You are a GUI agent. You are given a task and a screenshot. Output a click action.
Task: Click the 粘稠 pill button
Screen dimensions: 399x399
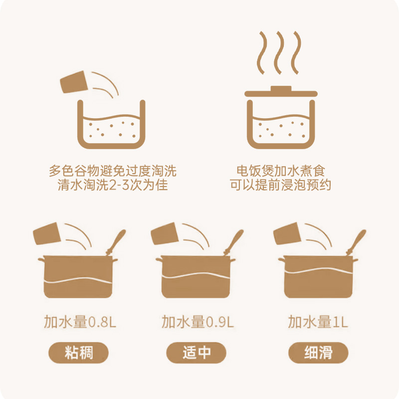[x=79, y=353]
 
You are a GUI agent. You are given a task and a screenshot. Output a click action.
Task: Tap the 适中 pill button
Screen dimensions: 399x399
[x=196, y=353]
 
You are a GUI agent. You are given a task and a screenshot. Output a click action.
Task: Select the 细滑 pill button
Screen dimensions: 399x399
[x=318, y=353]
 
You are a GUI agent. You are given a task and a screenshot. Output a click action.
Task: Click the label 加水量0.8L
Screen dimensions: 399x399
[x=80, y=322]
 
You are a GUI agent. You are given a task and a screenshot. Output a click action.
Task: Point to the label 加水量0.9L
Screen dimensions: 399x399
[x=198, y=322]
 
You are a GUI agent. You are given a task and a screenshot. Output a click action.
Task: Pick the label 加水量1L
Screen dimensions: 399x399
[x=318, y=322]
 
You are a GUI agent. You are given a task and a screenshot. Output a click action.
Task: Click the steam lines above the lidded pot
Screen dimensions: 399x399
[x=279, y=53]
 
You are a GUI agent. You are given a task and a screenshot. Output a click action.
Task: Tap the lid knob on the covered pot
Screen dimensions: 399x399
[x=281, y=89]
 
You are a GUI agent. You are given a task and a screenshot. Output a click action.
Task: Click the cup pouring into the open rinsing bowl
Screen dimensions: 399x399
[x=74, y=82]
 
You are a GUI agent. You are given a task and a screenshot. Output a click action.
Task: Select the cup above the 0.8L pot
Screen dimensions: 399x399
[x=47, y=233]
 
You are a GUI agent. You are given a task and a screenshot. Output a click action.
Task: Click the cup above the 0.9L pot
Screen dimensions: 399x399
[x=165, y=233]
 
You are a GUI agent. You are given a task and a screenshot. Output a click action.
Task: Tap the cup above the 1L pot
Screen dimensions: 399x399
[x=287, y=233]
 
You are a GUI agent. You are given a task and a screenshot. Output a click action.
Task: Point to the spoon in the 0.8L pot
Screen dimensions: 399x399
[x=116, y=242]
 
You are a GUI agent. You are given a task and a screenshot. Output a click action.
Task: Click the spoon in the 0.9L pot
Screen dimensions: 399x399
[x=233, y=242]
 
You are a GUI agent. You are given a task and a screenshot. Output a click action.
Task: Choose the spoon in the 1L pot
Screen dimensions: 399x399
[x=356, y=242]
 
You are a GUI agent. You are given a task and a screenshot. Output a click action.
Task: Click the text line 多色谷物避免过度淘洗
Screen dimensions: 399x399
[x=113, y=171]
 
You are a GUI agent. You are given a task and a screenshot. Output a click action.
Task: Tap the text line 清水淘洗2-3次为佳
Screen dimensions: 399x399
[x=113, y=185]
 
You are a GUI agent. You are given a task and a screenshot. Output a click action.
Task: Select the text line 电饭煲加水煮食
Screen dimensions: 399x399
[x=281, y=171]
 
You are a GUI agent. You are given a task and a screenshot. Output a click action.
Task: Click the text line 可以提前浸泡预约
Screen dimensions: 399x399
[x=281, y=185]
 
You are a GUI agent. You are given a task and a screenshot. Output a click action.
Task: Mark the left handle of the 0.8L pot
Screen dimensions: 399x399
[x=41, y=259]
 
